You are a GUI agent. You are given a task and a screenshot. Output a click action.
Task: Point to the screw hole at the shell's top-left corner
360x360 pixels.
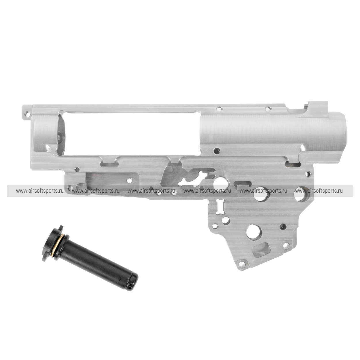[x=28, y=113]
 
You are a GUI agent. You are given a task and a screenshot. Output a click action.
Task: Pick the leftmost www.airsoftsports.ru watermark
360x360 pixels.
[x=40, y=191]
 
